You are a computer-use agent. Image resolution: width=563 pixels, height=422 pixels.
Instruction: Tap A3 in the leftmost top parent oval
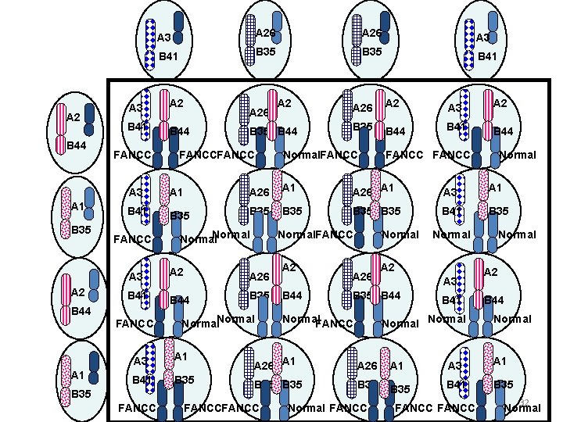coord(163,38)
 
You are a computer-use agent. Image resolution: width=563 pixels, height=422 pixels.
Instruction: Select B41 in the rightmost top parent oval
coord(488,55)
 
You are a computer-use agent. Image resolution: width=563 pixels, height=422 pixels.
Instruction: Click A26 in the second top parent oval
coord(265,33)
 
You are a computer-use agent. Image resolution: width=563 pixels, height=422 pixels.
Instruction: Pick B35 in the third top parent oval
coord(371,52)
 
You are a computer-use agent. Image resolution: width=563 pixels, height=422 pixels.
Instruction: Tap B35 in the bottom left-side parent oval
coord(81,394)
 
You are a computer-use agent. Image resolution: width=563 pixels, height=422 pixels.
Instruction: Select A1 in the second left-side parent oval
coord(77,206)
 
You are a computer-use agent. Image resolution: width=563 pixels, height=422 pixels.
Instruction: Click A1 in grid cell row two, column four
coord(495,188)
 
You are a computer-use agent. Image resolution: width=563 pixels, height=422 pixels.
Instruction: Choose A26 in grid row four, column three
coord(367,366)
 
